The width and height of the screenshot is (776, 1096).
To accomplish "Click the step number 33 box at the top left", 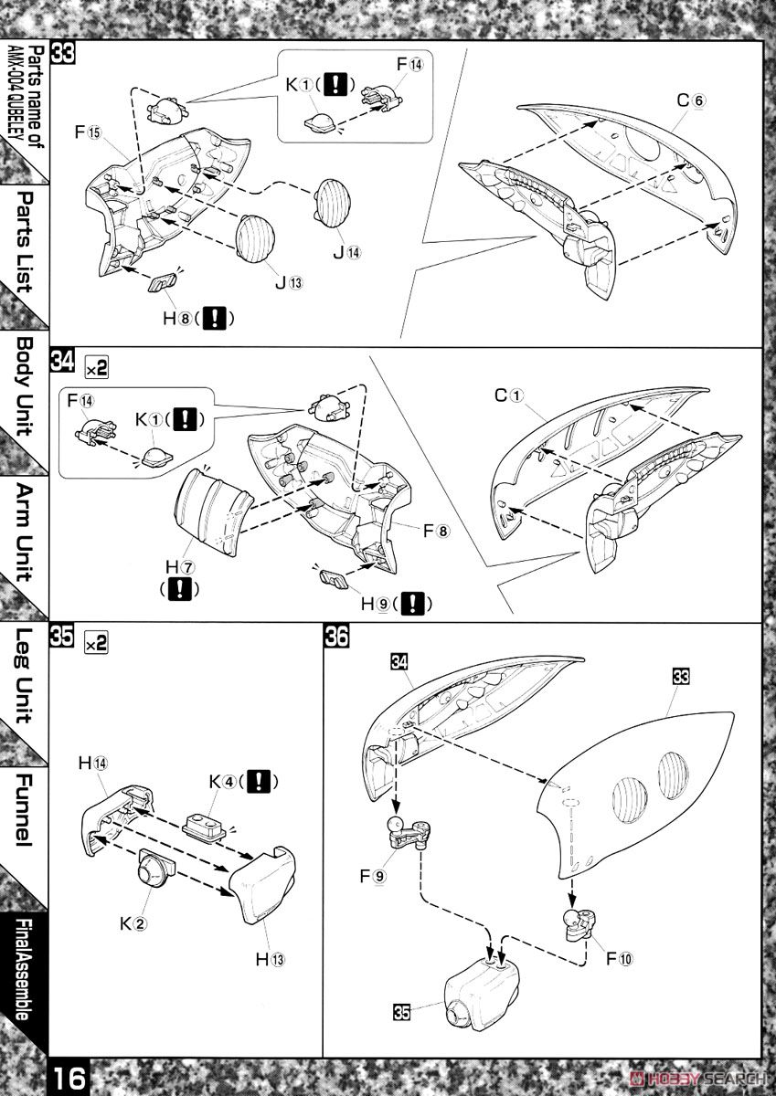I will tap(62, 52).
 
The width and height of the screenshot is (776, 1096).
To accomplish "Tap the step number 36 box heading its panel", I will tap(335, 638).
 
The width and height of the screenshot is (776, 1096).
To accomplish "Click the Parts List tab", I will tap(24, 241).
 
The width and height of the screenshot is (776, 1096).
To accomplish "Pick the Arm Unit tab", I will tap(24, 534).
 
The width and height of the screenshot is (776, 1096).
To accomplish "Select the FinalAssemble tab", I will tap(24, 968).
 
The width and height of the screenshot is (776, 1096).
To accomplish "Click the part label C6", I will tap(690, 101).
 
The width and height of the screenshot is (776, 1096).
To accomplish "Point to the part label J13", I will tap(286, 281).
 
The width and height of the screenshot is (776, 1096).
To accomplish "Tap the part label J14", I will tap(347, 252).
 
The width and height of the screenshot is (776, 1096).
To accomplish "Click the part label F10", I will tap(619, 958).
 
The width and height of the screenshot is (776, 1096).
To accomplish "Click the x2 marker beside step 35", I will tap(96, 642).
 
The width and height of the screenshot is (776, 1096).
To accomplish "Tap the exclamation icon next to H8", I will tap(218, 319).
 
